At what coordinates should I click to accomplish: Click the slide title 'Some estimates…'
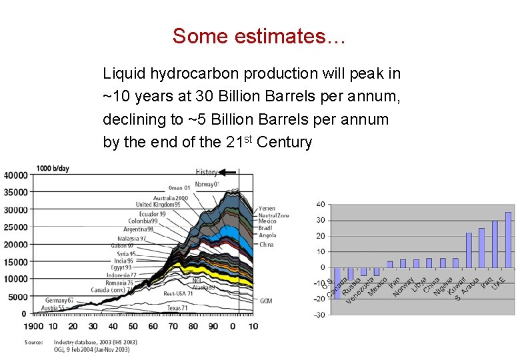point(259,36)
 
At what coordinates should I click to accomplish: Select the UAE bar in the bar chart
point(508,240)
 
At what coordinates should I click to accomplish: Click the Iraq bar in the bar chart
point(495,244)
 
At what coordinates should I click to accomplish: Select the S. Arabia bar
point(481,248)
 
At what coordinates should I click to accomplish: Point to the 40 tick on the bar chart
point(321,204)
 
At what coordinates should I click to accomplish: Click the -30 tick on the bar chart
point(320,315)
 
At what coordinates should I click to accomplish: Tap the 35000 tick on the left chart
point(15,193)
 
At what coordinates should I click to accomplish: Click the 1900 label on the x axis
point(33,326)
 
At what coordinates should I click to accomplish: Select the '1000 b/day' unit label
point(53,168)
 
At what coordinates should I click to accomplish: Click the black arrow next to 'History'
point(227,172)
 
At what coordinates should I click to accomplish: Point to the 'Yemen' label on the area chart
point(267,209)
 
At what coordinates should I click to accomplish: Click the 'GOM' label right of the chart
point(265,301)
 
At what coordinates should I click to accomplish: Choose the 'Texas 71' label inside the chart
point(178,307)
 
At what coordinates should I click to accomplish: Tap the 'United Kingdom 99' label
point(158,205)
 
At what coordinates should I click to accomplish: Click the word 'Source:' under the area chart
point(34,342)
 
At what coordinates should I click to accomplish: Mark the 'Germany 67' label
point(59,301)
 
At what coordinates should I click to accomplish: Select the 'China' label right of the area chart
point(266,244)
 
